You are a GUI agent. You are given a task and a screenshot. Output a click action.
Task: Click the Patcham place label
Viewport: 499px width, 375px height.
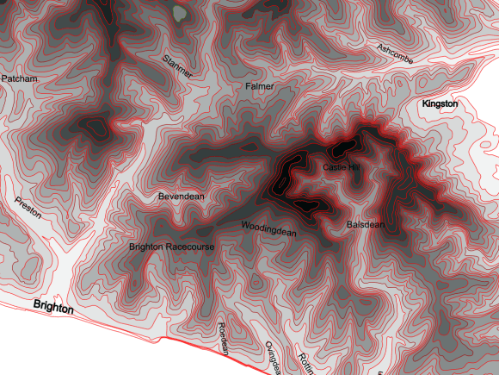click(19, 78)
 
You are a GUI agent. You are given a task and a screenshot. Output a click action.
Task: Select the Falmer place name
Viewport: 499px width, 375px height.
click(259, 87)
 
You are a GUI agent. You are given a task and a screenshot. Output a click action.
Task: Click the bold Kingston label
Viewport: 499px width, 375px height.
click(440, 103)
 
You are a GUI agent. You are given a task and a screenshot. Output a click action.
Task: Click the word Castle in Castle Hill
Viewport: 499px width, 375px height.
click(335, 166)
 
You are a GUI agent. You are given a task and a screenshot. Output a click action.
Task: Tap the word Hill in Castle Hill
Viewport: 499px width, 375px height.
click(354, 166)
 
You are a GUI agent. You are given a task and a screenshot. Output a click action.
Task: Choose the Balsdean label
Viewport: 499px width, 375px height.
click(365, 224)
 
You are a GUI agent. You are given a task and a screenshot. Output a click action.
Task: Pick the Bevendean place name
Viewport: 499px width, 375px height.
click(182, 197)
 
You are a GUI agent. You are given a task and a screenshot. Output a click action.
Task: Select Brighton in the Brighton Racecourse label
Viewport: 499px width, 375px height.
click(145, 247)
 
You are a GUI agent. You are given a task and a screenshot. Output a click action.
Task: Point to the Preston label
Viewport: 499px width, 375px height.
click(28, 209)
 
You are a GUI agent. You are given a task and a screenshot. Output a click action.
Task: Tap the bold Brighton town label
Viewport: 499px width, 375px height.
click(53, 307)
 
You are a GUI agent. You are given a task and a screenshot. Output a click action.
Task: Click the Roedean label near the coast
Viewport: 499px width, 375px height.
click(223, 338)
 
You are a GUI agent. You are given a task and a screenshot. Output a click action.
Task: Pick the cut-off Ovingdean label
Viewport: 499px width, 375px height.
click(273, 358)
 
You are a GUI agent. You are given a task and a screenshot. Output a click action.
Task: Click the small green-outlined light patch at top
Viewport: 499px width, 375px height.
click(179, 13)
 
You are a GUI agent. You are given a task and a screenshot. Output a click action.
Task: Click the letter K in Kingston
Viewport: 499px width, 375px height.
click(425, 103)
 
